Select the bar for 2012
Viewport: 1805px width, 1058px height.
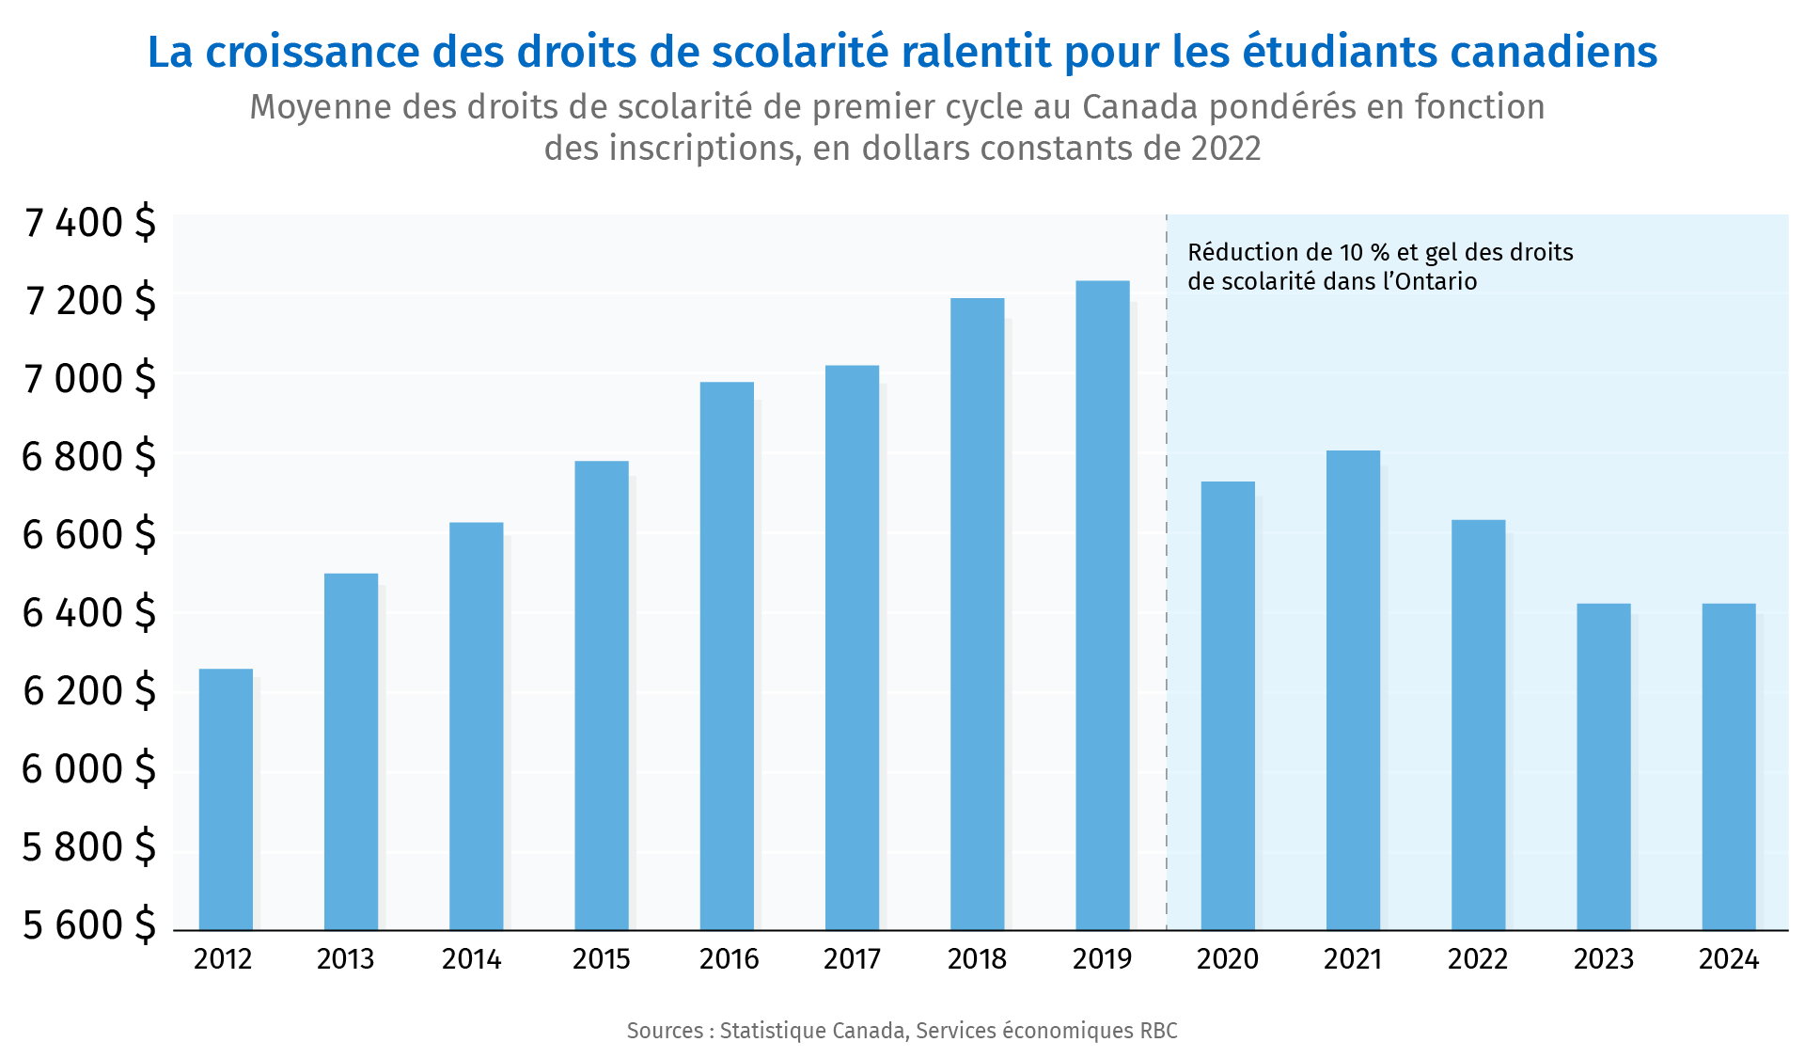pyautogui.click(x=226, y=799)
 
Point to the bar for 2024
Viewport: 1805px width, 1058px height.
pyautogui.click(x=1728, y=766)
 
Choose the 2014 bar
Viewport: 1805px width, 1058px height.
pyautogui.click(x=476, y=726)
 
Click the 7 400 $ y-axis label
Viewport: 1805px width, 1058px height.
pyautogui.click(x=90, y=224)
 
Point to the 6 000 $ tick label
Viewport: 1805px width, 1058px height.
pyautogui.click(x=88, y=769)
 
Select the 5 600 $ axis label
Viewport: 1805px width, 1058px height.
pyautogui.click(x=88, y=925)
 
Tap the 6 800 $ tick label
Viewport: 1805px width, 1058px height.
pyautogui.click(x=88, y=457)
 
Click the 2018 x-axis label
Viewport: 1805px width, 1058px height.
pyautogui.click(x=977, y=959)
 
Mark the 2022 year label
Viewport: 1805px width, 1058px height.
pyautogui.click(x=1478, y=959)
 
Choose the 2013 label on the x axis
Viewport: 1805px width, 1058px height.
pyautogui.click(x=346, y=959)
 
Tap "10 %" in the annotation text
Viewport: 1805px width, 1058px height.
pyautogui.click(x=1364, y=252)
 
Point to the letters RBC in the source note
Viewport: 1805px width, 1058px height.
pyautogui.click(x=1158, y=1031)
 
